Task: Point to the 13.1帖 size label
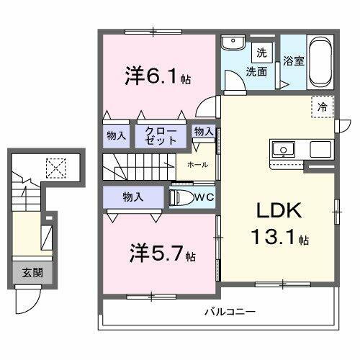coord(278,237)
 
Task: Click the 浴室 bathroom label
coord(292,61)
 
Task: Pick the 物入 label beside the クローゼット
coord(117,135)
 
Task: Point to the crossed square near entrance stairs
coord(55,168)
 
